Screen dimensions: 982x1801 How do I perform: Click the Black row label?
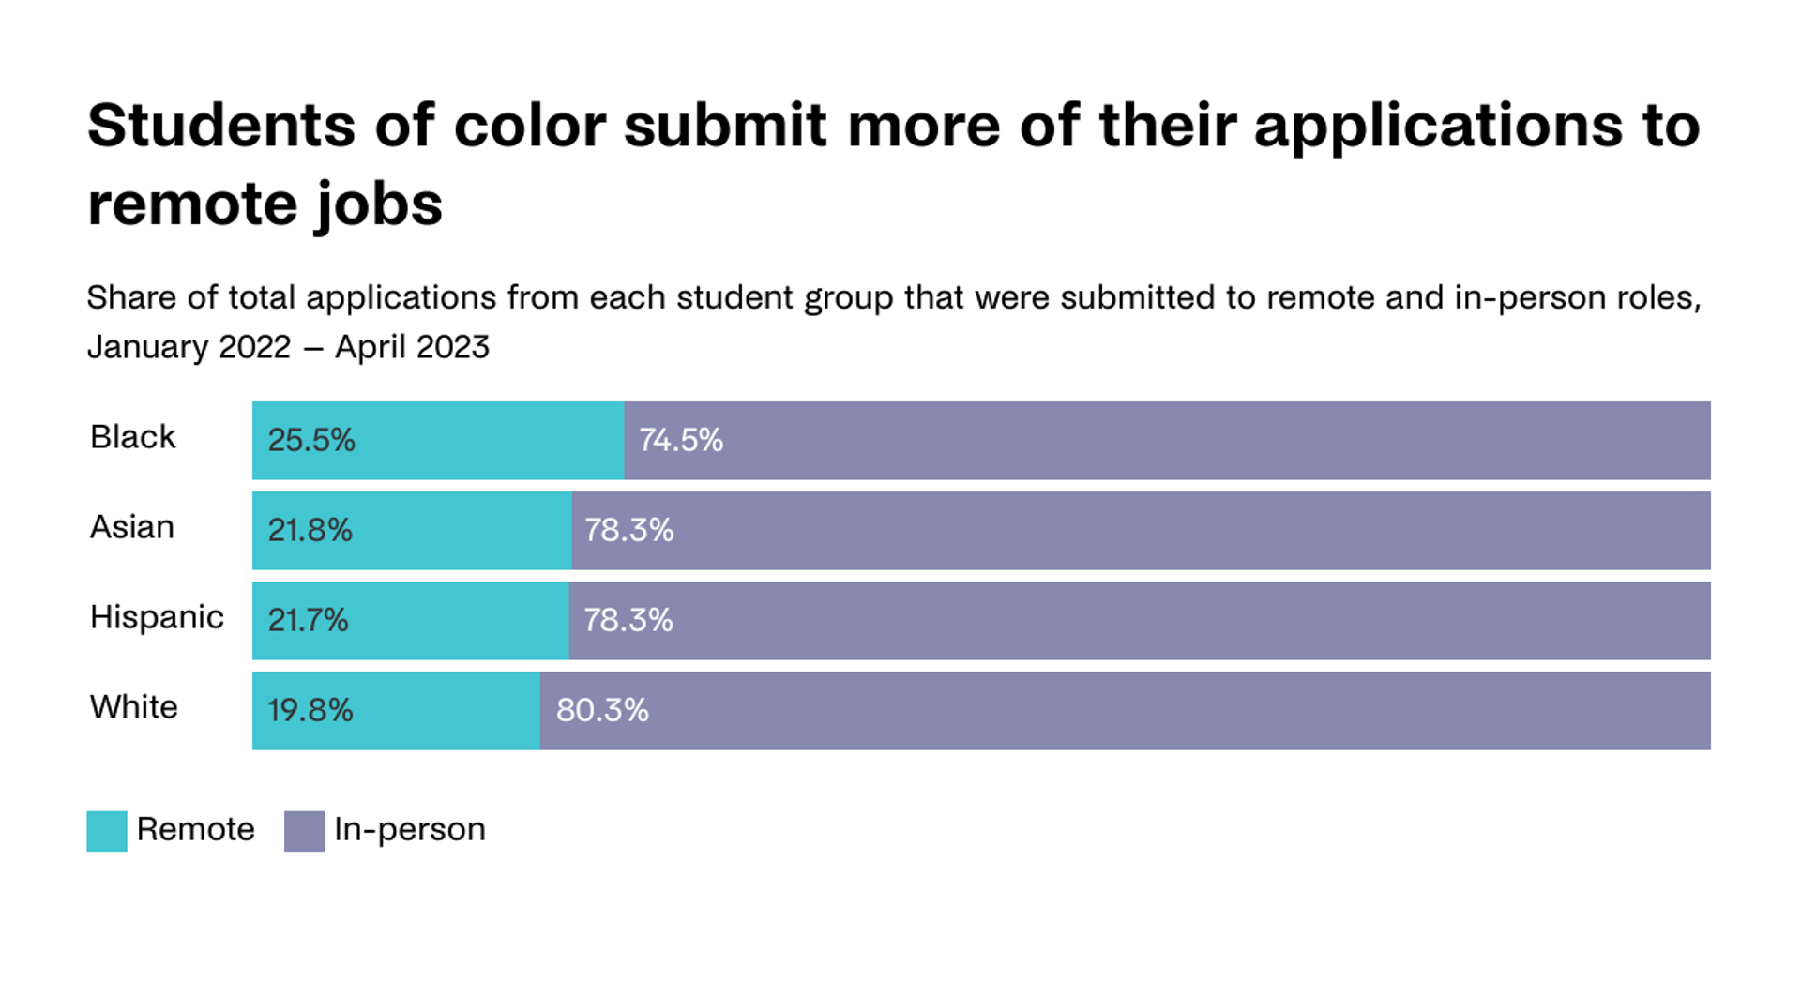click(x=132, y=437)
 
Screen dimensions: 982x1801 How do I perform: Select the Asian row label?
click(x=131, y=527)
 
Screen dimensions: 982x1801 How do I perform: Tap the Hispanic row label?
click(x=157, y=617)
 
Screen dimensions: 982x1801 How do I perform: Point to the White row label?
click(x=133, y=707)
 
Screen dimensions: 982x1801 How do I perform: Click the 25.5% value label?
click(x=311, y=440)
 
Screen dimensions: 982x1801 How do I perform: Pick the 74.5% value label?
click(x=680, y=440)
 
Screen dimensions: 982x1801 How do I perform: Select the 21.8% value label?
click(x=310, y=530)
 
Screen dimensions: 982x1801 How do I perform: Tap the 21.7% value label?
click(x=308, y=620)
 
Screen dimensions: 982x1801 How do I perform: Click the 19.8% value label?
click(x=310, y=710)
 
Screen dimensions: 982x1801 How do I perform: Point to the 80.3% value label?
click(x=601, y=710)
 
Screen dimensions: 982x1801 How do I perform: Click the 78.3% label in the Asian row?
click(x=628, y=530)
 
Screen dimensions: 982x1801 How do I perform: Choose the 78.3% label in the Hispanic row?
click(x=628, y=620)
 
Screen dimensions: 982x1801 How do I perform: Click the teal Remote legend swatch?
click(x=107, y=831)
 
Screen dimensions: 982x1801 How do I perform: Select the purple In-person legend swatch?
click(x=304, y=831)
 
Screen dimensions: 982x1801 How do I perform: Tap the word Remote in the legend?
click(x=195, y=829)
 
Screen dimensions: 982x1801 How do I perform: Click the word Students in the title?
click(x=221, y=125)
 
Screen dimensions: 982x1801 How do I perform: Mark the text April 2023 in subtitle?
click(x=412, y=347)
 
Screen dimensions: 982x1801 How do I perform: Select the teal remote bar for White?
click(x=441, y=710)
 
